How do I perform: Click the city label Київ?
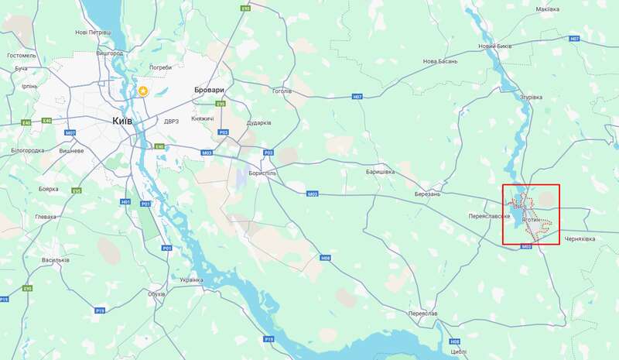(122, 121)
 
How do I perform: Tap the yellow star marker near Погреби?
(143, 91)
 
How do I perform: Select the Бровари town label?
(209, 90)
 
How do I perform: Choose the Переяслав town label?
(422, 314)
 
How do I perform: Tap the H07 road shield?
(357, 97)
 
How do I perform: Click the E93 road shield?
(245, 8)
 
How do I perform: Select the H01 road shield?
(126, 202)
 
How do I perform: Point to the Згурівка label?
(532, 98)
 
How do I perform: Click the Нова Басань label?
(440, 61)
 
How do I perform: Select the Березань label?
(427, 194)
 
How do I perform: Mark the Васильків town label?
(56, 259)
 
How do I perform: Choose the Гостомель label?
(22, 56)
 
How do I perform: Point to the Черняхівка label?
(580, 239)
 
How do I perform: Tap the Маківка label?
(547, 9)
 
